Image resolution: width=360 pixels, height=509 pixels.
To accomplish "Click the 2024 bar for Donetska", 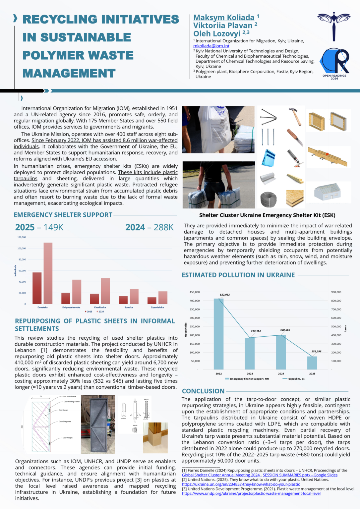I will point(48,273).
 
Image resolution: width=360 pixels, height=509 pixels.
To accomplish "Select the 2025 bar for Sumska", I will point(123,300).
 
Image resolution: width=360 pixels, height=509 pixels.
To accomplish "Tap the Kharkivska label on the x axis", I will point(100,308).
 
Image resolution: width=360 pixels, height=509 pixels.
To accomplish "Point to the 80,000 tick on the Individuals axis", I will point(22,259).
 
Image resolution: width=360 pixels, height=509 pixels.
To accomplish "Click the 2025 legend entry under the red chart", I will point(89,312).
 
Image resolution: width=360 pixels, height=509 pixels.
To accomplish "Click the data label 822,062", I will point(224,295).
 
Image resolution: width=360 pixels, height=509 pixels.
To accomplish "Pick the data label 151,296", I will point(316,351).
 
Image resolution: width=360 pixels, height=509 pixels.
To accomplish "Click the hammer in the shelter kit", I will point(294,116).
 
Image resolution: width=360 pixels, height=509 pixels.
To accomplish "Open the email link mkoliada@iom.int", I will point(211,46).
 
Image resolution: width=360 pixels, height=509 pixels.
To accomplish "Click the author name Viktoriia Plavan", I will point(223,26).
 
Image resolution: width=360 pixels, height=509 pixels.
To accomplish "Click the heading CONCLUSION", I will point(203,391).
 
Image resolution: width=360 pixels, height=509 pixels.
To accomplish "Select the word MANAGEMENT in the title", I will point(69,73).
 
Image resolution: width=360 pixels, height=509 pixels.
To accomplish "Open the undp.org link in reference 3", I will point(251,493).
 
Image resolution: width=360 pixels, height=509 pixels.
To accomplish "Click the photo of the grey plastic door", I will point(98,424).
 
